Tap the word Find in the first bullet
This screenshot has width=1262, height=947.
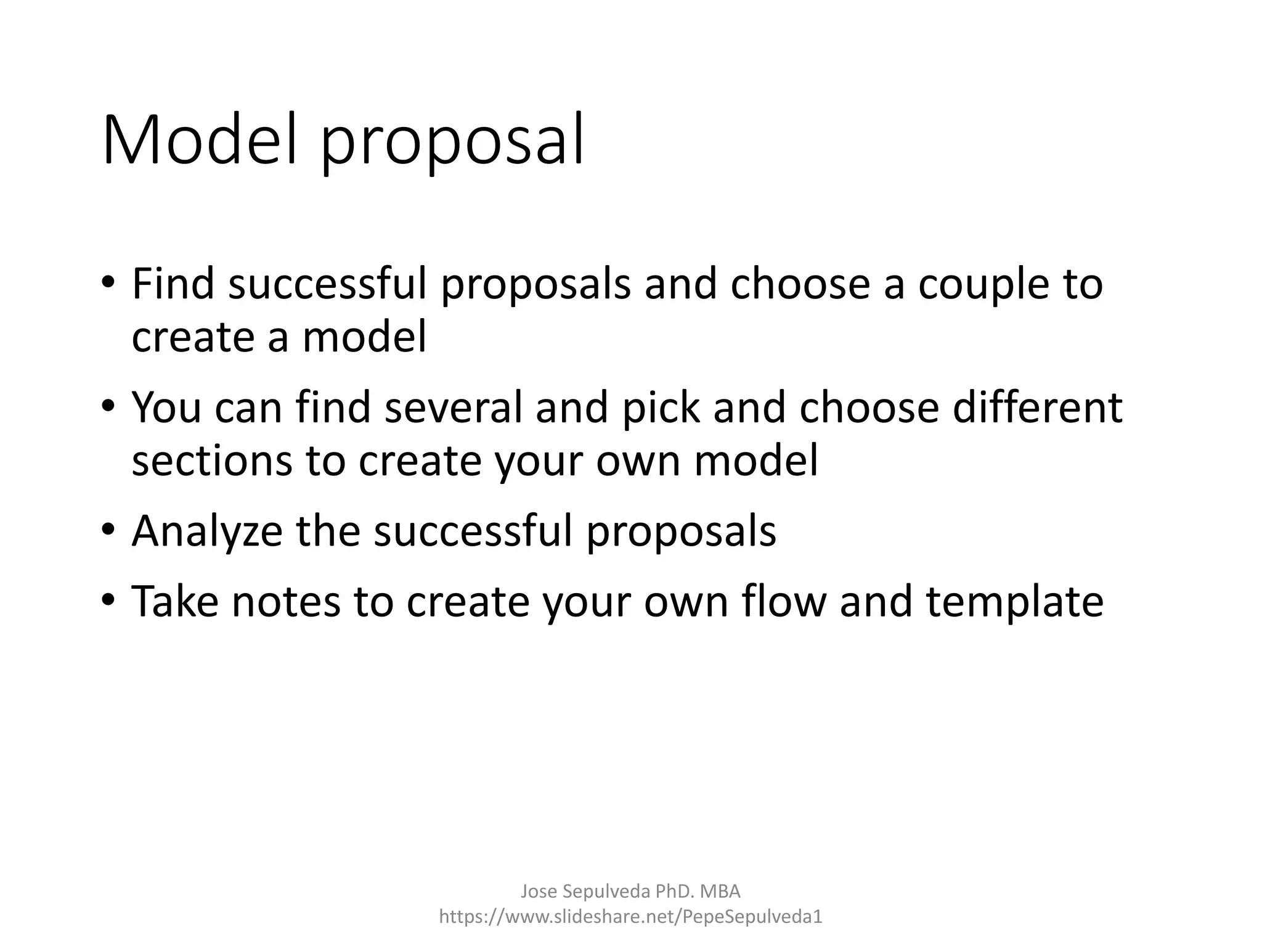tap(173, 284)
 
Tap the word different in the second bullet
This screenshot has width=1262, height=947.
tap(1037, 408)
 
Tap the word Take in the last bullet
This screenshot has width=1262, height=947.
tap(174, 601)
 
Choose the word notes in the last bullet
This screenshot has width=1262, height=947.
tap(285, 602)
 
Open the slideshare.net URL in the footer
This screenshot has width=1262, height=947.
tap(630, 917)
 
